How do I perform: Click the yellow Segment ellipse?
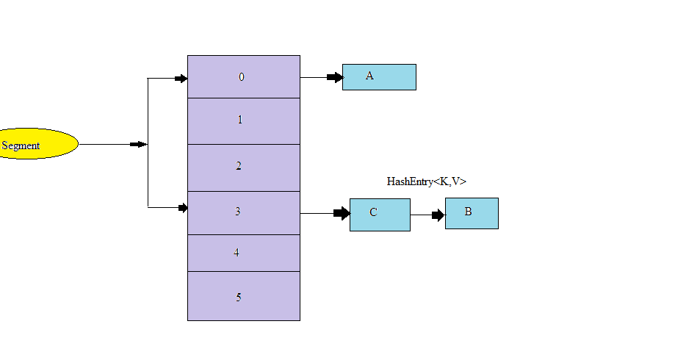[37, 144]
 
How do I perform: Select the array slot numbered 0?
[243, 76]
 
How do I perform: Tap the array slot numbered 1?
[243, 120]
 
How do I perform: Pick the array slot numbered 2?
[243, 168]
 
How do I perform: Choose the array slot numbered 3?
[243, 212]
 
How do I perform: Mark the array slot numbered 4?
[243, 253]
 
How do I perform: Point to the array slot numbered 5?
[243, 296]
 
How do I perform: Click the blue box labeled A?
[379, 76]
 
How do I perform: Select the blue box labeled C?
[380, 214]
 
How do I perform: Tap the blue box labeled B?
[472, 213]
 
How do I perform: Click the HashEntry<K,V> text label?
[427, 181]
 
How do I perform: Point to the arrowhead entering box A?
[336, 77]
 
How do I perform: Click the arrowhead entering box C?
[342, 213]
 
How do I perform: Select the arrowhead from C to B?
[438, 215]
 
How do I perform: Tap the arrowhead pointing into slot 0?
[181, 79]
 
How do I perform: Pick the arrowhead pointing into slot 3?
[183, 208]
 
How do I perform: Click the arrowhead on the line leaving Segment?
[138, 145]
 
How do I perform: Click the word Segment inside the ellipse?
[21, 145]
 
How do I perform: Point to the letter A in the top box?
[369, 76]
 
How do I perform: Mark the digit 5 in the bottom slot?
[239, 298]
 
